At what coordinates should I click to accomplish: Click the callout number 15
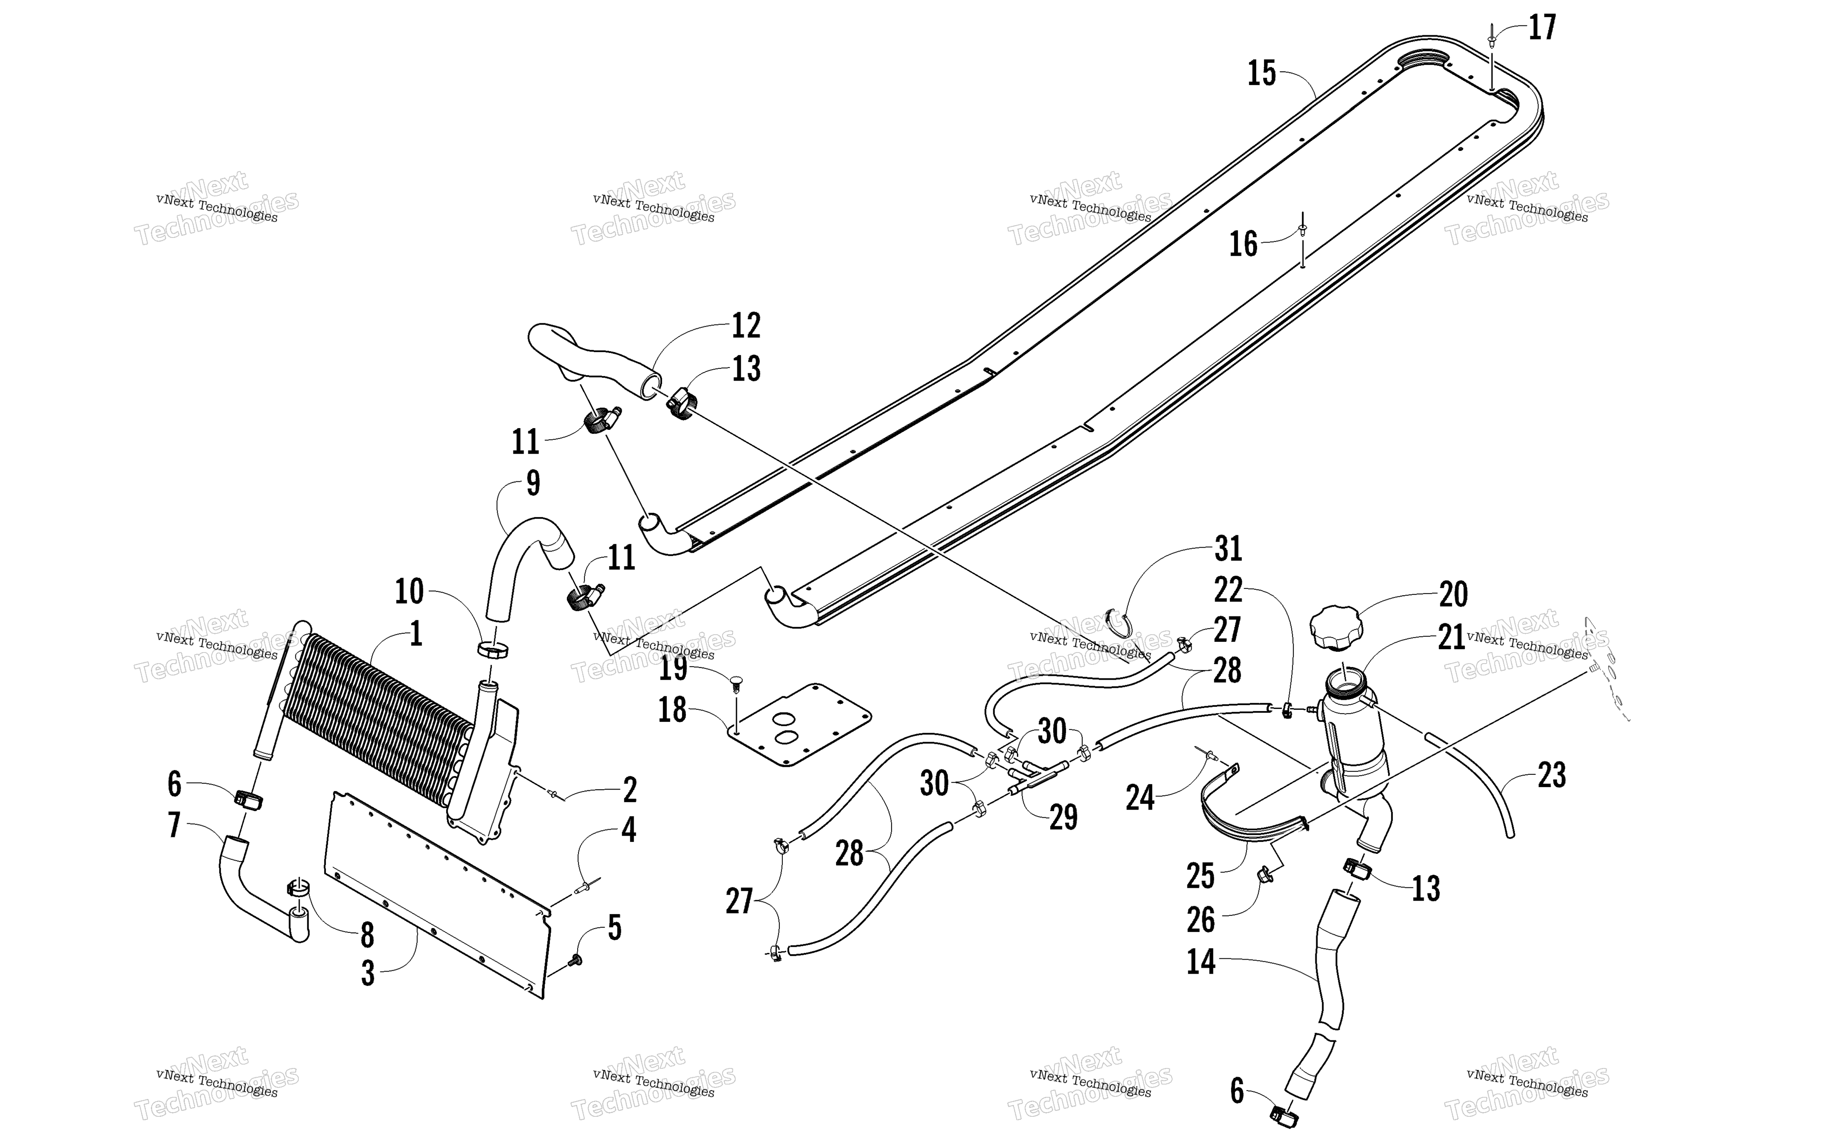pos(1262,73)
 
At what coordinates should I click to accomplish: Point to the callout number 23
pos(1552,775)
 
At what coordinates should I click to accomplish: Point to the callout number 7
pos(175,825)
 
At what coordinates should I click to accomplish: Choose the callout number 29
pos(1063,817)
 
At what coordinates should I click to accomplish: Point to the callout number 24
pos(1140,797)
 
